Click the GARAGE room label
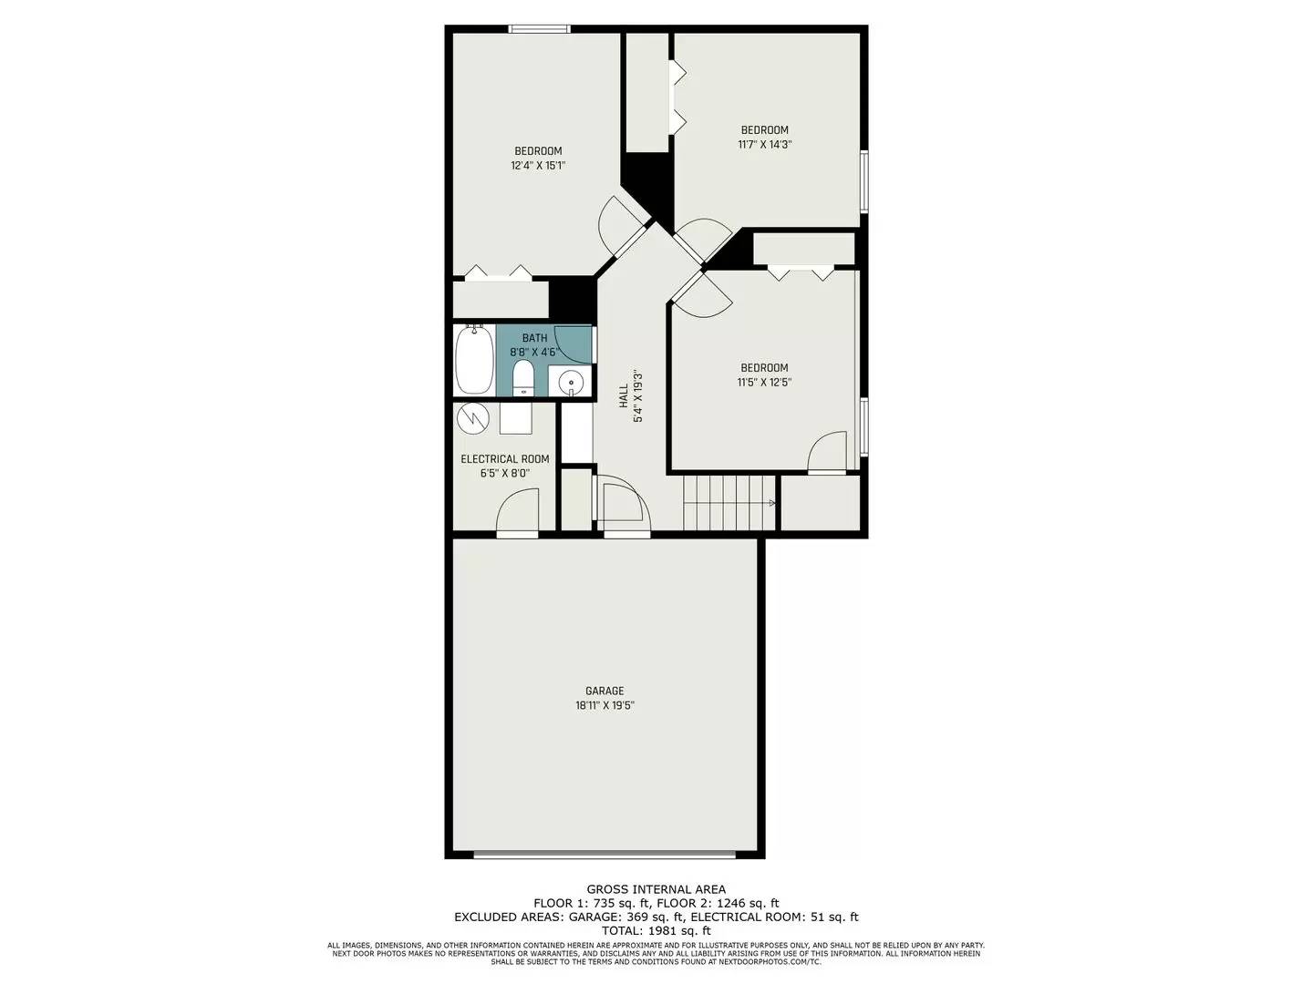coord(604,691)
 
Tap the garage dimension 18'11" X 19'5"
coord(604,705)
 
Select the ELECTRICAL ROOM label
coord(504,459)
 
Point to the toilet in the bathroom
coord(523,376)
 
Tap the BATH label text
coord(534,338)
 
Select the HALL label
coord(624,395)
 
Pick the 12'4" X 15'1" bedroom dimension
coord(538,166)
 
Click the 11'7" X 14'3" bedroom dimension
coord(764,144)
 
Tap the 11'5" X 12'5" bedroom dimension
coord(764,383)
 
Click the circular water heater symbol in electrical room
coord(473,418)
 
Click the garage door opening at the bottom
coord(605,855)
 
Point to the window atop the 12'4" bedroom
coord(540,28)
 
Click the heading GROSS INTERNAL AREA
coord(656,889)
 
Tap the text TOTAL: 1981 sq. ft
coord(656,930)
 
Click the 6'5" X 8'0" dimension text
coord(504,474)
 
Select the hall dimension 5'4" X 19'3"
coord(639,395)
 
